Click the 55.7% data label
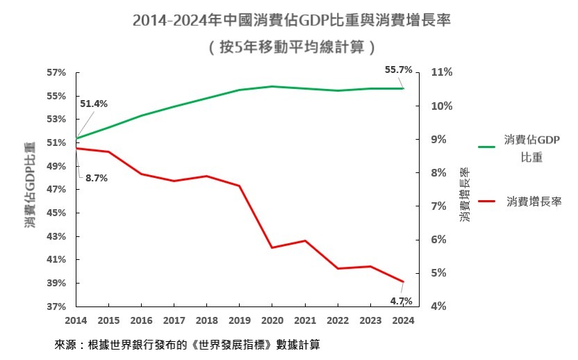coord(399,69)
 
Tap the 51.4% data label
coord(93,104)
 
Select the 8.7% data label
coord(97,178)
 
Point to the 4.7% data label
coord(402,301)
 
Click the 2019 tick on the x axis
coord(239,320)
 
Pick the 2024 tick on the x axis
coord(403,320)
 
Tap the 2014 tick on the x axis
coord(76,320)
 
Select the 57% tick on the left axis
coord(56,72)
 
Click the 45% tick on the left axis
coord(56,213)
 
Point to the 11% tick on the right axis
coord(442,72)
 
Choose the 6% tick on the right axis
coord(442,240)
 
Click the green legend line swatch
coord(487,147)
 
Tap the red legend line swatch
coord(487,201)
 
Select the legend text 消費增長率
coord(534,201)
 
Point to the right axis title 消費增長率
coord(465,195)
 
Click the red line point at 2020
coord(272,247)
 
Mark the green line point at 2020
coord(272,87)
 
